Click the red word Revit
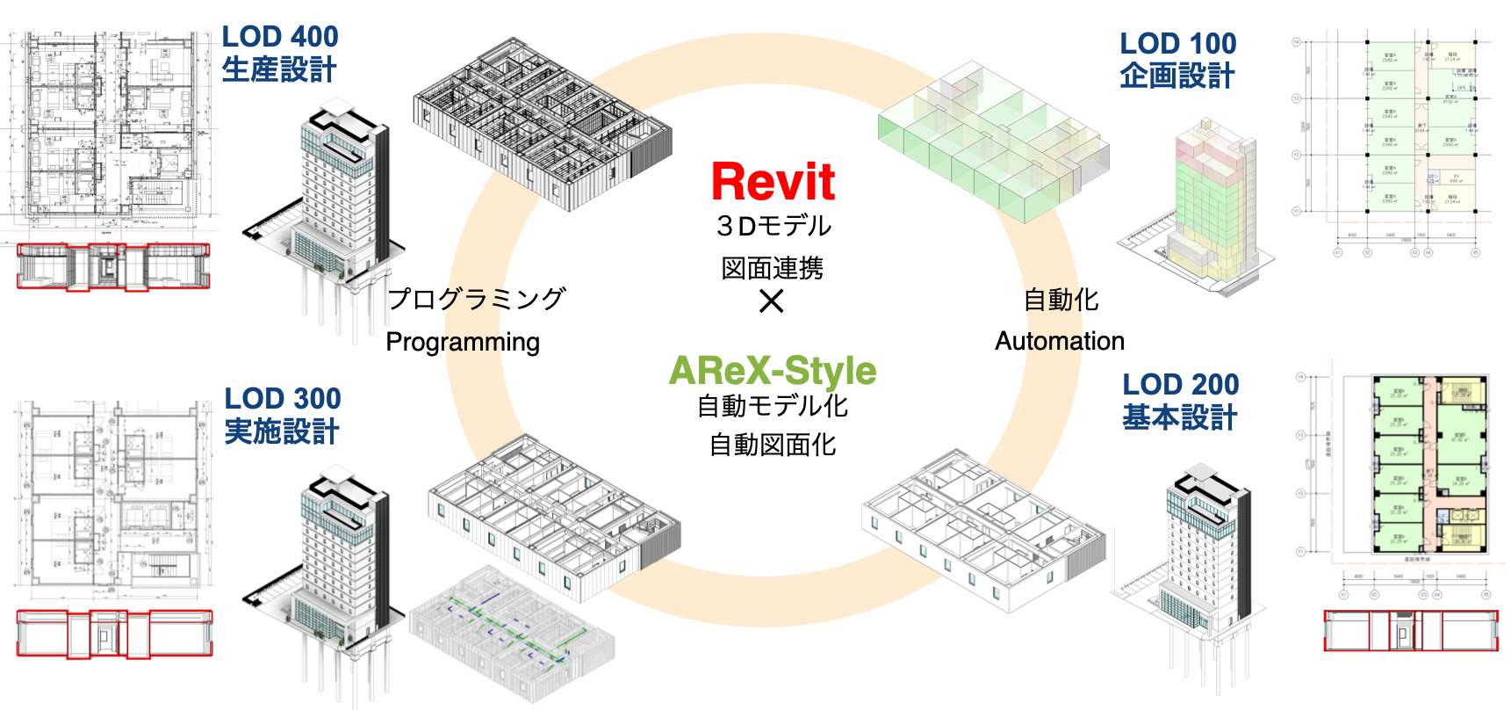(773, 182)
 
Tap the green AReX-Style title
(773, 371)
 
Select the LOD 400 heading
(279, 37)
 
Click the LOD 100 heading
(1177, 44)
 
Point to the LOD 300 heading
(282, 399)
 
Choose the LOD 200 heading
(1180, 385)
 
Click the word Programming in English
(463, 342)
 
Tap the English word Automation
(1059, 341)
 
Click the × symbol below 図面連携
(772, 302)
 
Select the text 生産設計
(279, 70)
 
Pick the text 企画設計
(1177, 76)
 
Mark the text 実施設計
(282, 431)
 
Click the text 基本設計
(1180, 417)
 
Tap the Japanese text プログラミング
(477, 299)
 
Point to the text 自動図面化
(773, 446)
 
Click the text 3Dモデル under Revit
(773, 227)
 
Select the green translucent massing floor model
(992, 141)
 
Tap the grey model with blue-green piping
(512, 633)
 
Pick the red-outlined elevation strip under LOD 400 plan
(113, 266)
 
